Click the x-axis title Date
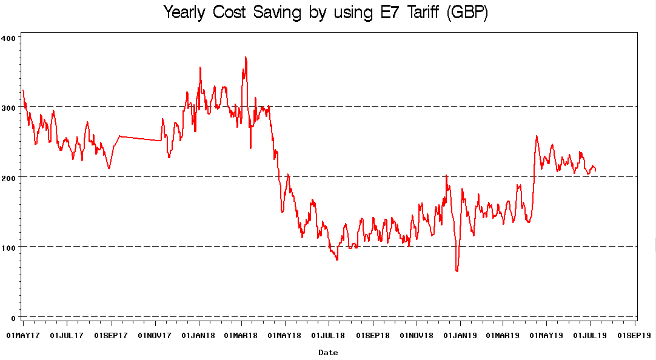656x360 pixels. point(328,352)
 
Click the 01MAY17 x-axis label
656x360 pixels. point(23,335)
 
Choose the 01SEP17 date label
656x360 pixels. point(110,335)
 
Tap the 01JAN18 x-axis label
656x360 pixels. point(198,335)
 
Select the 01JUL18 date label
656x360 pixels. point(328,335)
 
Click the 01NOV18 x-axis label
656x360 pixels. point(416,335)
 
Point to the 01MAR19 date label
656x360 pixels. point(503,335)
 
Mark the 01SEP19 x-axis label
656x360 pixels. point(634,335)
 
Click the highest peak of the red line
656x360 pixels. point(246,57)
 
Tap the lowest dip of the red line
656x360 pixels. point(457,271)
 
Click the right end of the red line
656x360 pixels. point(595,170)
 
